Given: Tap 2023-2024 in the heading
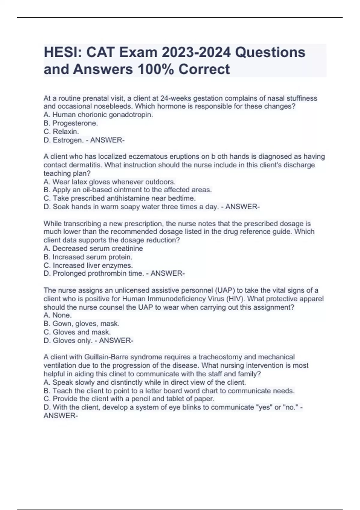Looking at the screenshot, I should pos(196,52).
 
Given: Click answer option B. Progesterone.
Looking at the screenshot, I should pos(71,123).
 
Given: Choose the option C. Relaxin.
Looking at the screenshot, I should pos(61,131).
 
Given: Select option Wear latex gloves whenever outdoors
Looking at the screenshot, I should pos(109,182).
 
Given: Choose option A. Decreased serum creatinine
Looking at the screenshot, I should pos(93,248).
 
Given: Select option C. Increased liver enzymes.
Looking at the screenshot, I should pos(88,265).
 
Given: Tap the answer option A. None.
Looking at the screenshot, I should pos(58,315).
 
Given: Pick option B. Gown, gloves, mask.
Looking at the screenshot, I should pos(82,324).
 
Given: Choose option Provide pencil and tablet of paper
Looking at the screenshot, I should pos(129,399).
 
